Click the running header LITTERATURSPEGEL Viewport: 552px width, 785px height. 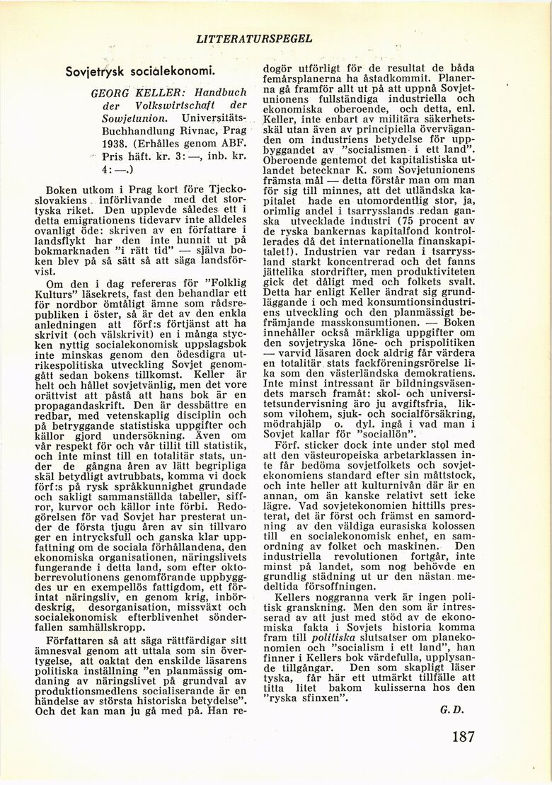[x=254, y=38]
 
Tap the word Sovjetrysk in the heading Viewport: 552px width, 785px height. [x=94, y=73]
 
